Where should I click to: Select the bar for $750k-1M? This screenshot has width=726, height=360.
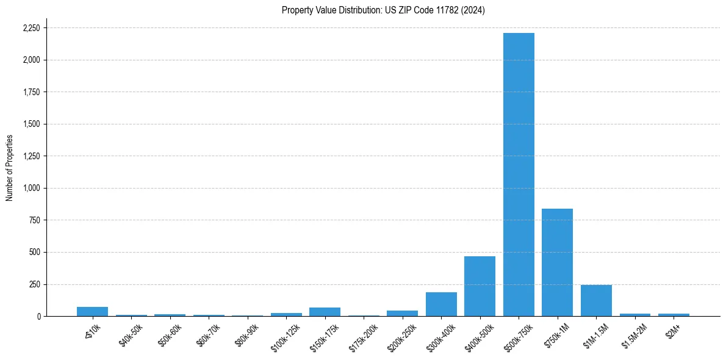pyautogui.click(x=557, y=262)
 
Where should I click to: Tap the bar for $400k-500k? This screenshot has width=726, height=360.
pyautogui.click(x=480, y=286)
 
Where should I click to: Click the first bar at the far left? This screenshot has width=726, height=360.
pyautogui.click(x=92, y=311)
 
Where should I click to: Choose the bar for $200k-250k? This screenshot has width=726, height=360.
pyautogui.click(x=402, y=313)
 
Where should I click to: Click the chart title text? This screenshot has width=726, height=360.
pyautogui.click(x=383, y=10)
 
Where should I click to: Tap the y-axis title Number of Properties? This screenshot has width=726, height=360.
pyautogui.click(x=10, y=168)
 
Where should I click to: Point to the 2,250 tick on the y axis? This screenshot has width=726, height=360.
pyautogui.click(x=31, y=28)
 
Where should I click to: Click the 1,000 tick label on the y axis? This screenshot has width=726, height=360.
pyautogui.click(x=31, y=188)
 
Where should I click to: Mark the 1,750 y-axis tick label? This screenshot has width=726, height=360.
pyautogui.click(x=31, y=92)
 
